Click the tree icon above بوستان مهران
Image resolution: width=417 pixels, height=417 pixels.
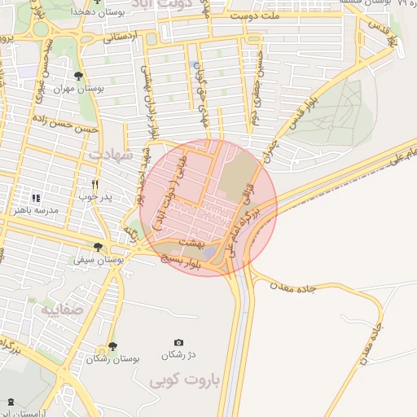78,76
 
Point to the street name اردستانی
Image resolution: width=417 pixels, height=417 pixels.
120,37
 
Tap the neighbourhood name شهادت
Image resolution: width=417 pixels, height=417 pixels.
108,154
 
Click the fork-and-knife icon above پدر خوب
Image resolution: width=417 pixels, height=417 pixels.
96,184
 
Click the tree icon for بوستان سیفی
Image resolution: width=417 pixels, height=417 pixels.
98,247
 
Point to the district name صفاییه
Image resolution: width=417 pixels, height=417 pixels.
60,309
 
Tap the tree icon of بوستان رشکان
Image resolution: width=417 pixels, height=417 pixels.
112,347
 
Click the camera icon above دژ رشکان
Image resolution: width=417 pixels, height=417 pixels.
179,343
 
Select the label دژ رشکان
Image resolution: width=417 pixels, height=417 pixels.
179,355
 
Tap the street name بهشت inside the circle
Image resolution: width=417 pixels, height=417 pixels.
200,243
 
